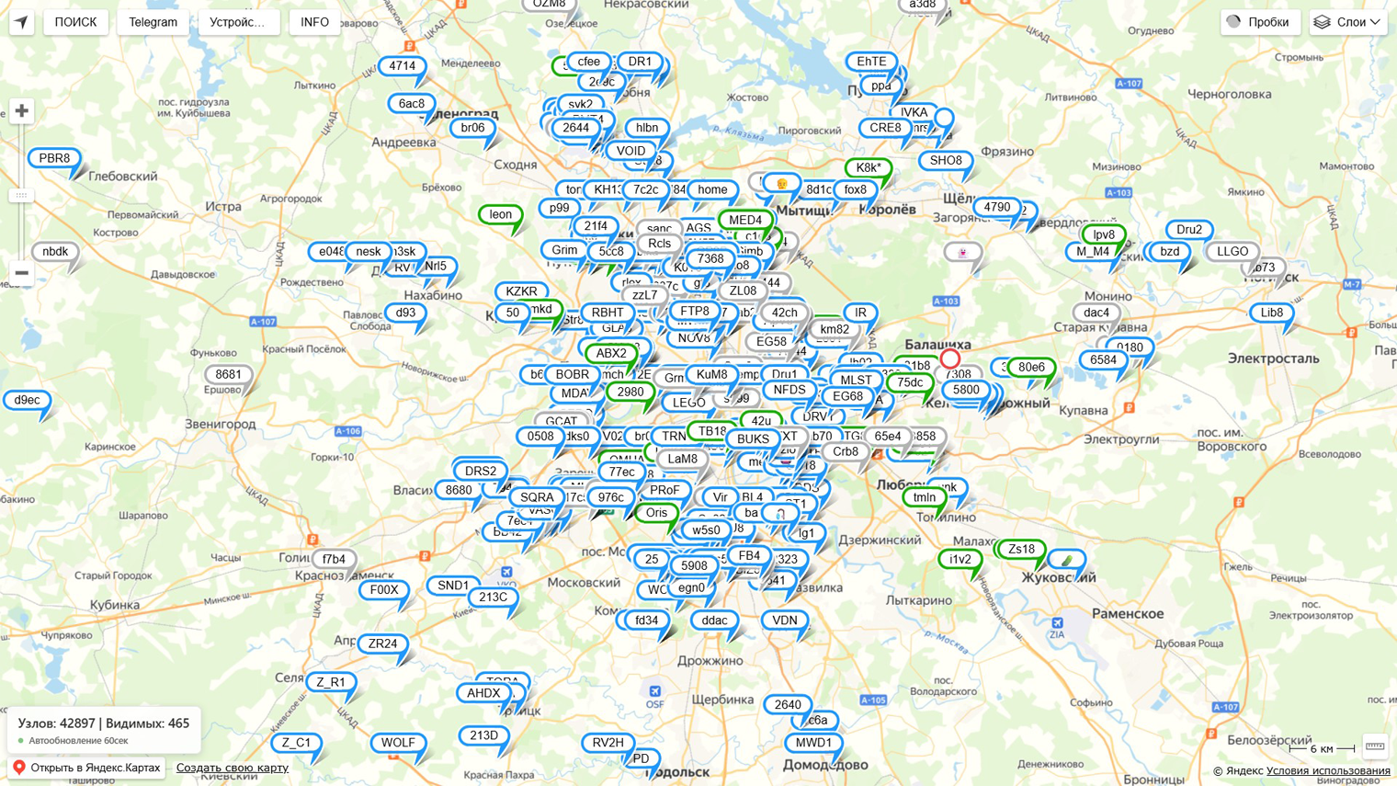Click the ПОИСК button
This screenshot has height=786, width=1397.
point(75,22)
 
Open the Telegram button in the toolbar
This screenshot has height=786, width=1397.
point(153,22)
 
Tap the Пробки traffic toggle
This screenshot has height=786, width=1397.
point(1258,22)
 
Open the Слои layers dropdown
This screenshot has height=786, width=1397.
point(1348,22)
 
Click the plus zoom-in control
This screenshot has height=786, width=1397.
point(21,111)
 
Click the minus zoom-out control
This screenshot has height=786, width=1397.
point(21,273)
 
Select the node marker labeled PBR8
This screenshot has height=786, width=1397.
point(54,158)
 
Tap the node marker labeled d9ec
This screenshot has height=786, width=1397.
point(27,400)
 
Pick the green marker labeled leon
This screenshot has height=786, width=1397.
point(501,214)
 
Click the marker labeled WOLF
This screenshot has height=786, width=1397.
point(398,743)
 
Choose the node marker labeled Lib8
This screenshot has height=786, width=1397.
point(1271,313)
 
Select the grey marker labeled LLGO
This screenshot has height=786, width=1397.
point(1232,251)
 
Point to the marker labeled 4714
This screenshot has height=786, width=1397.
point(402,66)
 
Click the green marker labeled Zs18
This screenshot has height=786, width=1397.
point(1021,549)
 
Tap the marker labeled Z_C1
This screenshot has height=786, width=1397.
point(296,743)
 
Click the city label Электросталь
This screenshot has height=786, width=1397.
point(1273,359)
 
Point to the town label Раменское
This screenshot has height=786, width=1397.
point(1128,613)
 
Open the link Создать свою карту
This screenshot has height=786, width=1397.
point(232,768)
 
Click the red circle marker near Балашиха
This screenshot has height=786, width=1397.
point(950,359)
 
